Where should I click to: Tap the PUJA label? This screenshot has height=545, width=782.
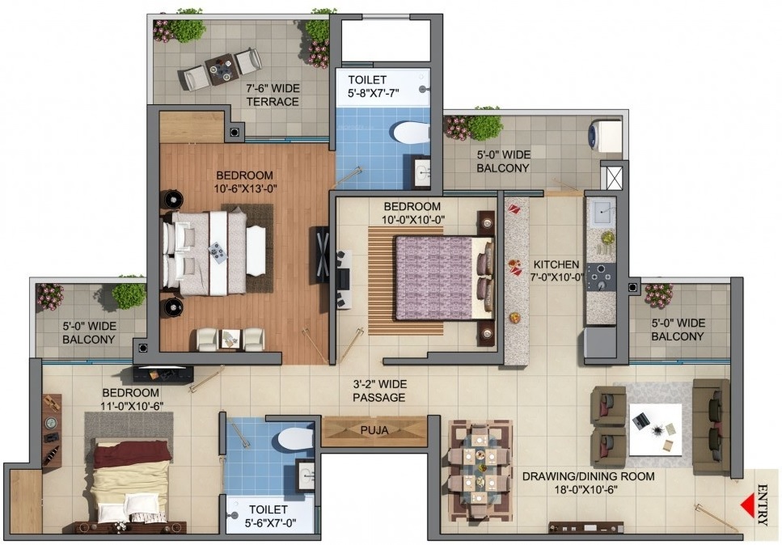[374, 430]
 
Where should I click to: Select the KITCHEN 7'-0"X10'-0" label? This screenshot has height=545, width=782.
[556, 271]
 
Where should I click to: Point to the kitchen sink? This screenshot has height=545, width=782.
[602, 213]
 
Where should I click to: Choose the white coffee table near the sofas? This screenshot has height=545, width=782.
[655, 429]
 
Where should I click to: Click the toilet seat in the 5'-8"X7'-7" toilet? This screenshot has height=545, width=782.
[411, 133]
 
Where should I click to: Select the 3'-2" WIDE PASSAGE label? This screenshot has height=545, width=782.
[379, 391]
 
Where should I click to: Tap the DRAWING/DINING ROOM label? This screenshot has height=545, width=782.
[589, 483]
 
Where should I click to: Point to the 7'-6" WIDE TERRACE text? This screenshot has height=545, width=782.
[273, 95]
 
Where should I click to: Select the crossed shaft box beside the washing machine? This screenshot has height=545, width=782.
[614, 178]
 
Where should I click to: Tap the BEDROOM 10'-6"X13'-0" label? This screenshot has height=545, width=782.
[245, 181]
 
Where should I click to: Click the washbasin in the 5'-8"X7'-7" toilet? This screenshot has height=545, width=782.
[422, 171]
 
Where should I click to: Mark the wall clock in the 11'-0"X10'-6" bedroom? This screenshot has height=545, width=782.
[51, 423]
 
